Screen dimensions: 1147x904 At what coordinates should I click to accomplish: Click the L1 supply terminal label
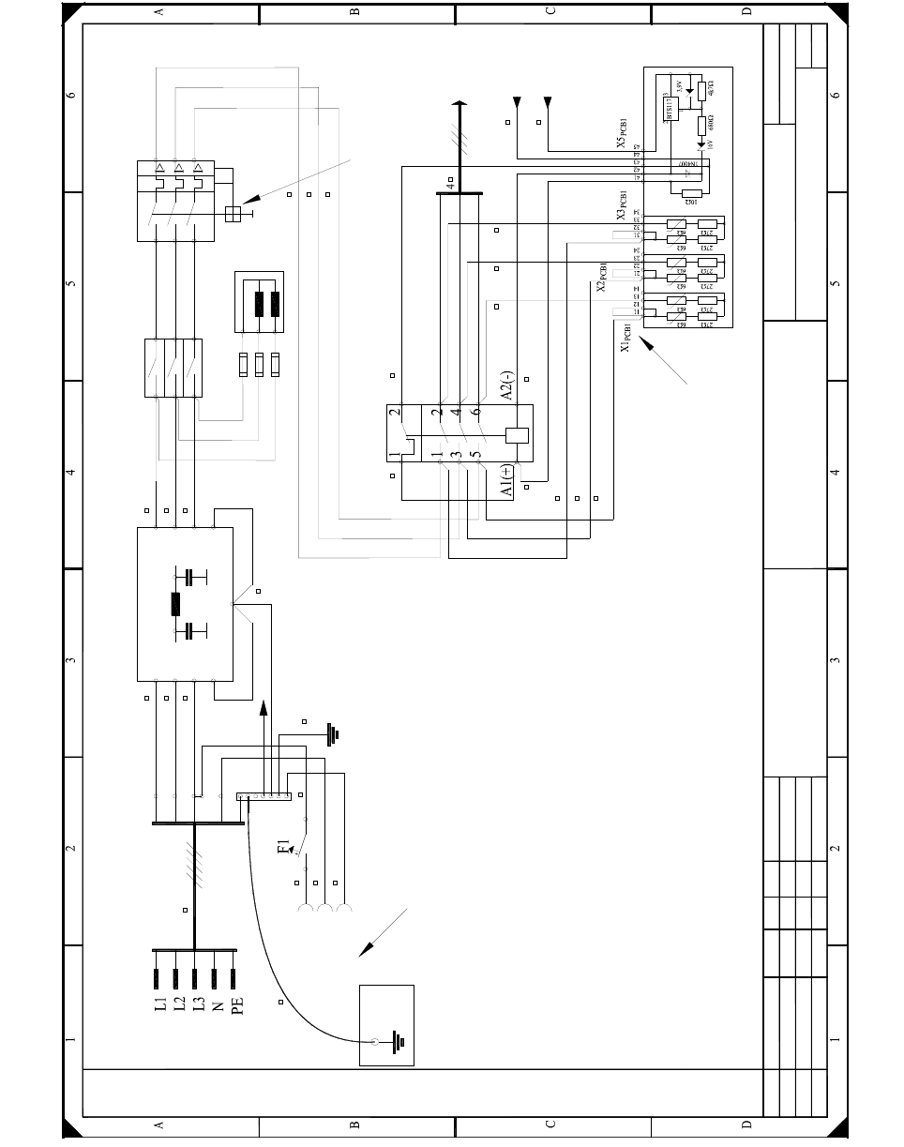(x=161, y=1005)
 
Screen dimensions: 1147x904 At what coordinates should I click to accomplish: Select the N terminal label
(x=218, y=1005)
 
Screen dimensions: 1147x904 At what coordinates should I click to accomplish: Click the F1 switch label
(x=284, y=848)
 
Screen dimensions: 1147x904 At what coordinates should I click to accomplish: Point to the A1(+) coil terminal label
(x=505, y=479)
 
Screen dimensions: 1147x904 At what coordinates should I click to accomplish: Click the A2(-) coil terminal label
(x=505, y=385)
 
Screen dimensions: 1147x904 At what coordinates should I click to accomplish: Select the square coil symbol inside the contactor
(x=517, y=435)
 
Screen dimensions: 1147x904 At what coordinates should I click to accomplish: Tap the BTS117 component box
(x=670, y=108)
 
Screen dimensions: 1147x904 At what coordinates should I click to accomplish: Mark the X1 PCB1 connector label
(x=625, y=338)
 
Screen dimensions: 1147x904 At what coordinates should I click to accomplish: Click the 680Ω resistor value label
(x=711, y=119)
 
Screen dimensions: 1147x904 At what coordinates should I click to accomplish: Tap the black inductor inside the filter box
(x=175, y=603)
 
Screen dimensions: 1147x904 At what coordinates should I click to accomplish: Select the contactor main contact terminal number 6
(x=476, y=411)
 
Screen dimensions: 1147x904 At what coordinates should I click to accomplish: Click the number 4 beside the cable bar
(x=450, y=186)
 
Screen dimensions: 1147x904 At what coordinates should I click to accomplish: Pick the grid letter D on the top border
(x=746, y=11)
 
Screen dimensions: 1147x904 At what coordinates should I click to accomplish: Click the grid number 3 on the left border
(x=70, y=660)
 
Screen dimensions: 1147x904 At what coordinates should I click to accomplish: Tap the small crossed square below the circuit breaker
(x=234, y=214)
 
